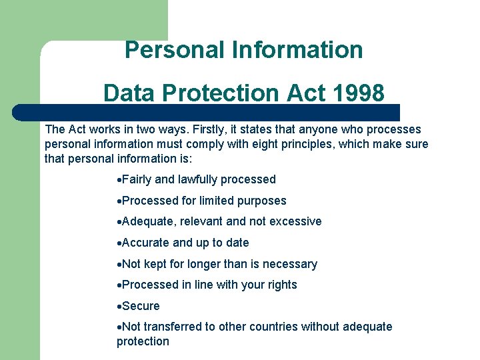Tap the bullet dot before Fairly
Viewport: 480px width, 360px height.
point(119,180)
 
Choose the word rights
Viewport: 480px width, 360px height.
point(281,285)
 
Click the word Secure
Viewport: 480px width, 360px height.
point(141,306)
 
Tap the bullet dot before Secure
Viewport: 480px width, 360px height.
point(119,307)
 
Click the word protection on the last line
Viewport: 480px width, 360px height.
point(143,341)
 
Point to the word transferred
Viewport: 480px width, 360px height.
point(174,327)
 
